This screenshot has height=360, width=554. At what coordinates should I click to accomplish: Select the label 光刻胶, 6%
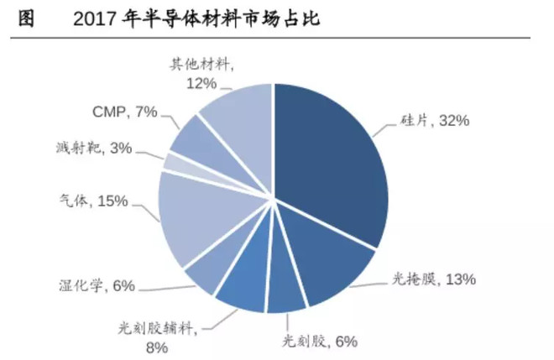click(318, 341)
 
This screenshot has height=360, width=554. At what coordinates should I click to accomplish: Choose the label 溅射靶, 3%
click(92, 149)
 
